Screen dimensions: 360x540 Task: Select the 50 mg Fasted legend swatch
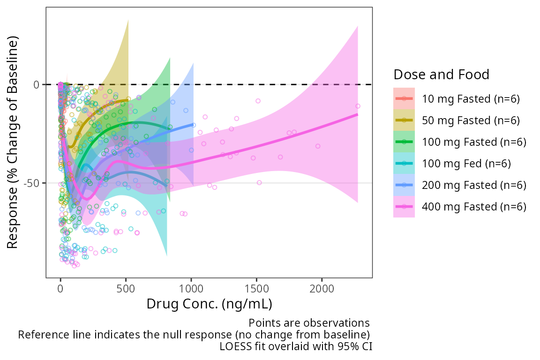pyautogui.click(x=404, y=120)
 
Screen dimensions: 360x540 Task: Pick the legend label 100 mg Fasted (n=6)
pyautogui.click(x=474, y=142)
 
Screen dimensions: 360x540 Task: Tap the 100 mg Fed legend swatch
pyautogui.click(x=404, y=164)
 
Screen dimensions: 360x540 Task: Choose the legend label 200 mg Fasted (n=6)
pyautogui.click(x=474, y=185)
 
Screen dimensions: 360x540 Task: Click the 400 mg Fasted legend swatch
pyautogui.click(x=404, y=207)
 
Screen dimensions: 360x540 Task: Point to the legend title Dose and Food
pyautogui.click(x=442, y=75)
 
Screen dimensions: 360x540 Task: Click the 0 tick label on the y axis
pyautogui.click(x=36, y=85)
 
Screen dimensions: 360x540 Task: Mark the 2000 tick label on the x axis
pyautogui.click(x=322, y=287)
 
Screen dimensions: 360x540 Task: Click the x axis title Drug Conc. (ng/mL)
pyautogui.click(x=209, y=304)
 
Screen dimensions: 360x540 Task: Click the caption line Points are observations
pyautogui.click(x=309, y=323)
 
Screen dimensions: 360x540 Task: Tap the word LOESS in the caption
pyautogui.click(x=233, y=347)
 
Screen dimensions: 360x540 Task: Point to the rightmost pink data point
pyautogui.click(x=358, y=106)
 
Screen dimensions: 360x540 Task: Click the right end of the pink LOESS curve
pyautogui.click(x=358, y=114)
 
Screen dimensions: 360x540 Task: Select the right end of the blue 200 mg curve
pyautogui.click(x=194, y=124)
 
